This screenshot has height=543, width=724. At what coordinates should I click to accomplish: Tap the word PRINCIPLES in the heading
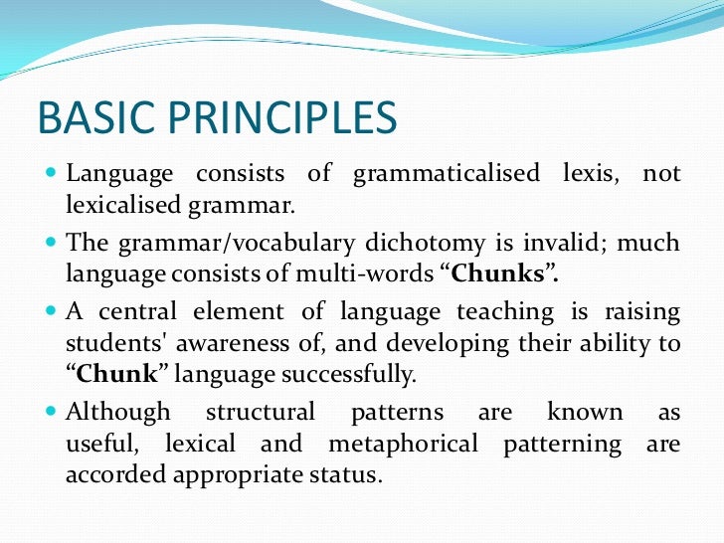pos(272,119)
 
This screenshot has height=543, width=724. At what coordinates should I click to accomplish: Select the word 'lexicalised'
pos(119,207)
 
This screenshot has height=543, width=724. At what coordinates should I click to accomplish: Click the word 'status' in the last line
pos(349,475)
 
